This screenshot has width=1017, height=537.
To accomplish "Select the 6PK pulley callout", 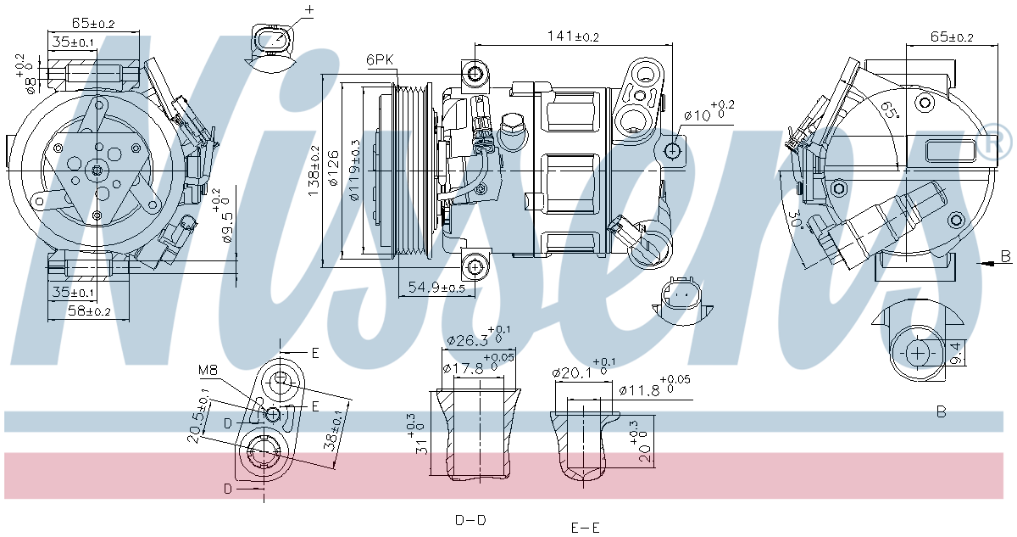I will (x=380, y=60).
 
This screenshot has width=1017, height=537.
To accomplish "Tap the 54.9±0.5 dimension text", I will (x=436, y=288).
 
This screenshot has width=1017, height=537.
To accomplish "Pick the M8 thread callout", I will (x=208, y=370).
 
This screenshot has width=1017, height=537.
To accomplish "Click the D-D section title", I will (x=470, y=519).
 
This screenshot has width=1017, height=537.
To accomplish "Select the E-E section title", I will (x=585, y=528).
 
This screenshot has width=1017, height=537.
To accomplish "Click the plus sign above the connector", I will (x=308, y=10).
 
